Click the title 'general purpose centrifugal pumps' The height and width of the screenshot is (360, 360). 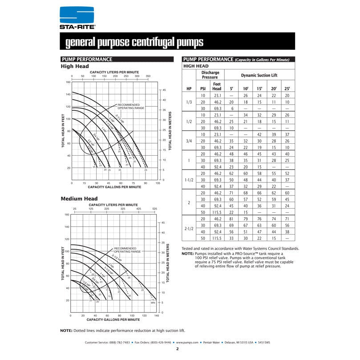[x=134, y=42]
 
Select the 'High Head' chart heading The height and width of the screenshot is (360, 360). [x=75, y=66]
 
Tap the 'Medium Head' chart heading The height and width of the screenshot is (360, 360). [x=79, y=198]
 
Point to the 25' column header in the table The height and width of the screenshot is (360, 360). [x=287, y=89]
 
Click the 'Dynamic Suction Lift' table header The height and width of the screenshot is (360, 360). [x=259, y=75]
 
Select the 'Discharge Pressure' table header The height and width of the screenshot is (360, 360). [x=210, y=75]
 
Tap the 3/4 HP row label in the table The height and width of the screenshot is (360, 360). [x=189, y=141]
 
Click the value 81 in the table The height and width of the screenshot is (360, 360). [x=231, y=219]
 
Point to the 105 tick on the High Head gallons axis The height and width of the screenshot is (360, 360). [x=158, y=183]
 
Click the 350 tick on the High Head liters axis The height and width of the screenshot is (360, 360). [x=148, y=76]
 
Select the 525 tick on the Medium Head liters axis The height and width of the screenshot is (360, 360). [x=155, y=208]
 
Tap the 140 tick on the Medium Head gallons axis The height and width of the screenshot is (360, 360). [x=157, y=316]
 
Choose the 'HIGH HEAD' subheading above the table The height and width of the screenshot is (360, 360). [x=196, y=66]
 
